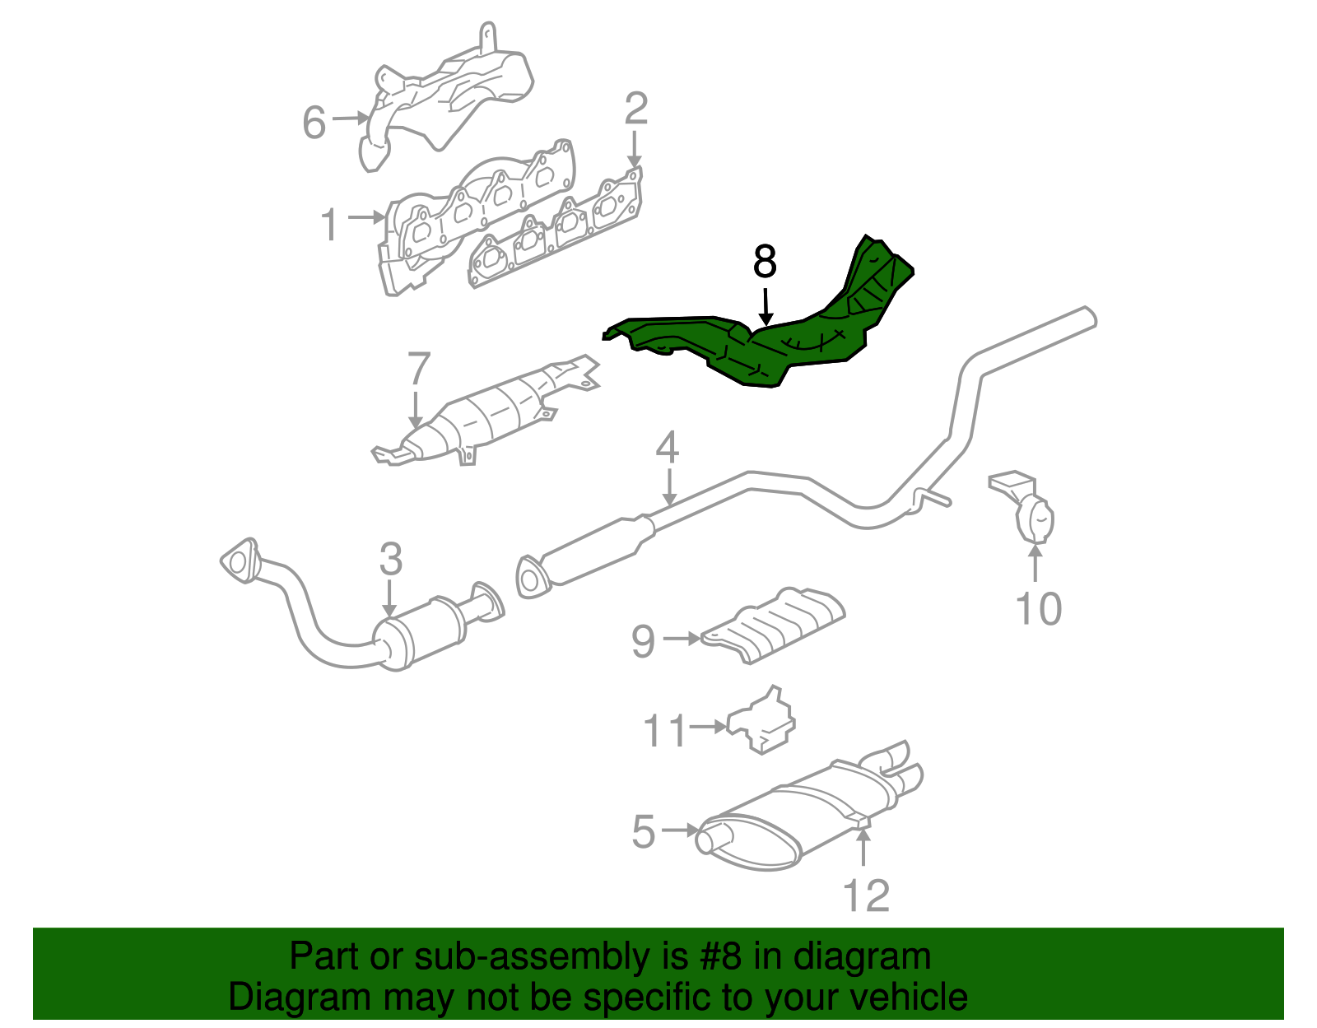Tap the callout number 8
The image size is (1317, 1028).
point(765,263)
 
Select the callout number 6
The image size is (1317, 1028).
point(314,123)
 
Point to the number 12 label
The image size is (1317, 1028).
point(866,895)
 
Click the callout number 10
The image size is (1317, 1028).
point(1039,609)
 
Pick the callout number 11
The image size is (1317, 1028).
point(664,730)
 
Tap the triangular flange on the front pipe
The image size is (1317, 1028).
point(240,561)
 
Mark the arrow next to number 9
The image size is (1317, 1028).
point(682,638)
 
